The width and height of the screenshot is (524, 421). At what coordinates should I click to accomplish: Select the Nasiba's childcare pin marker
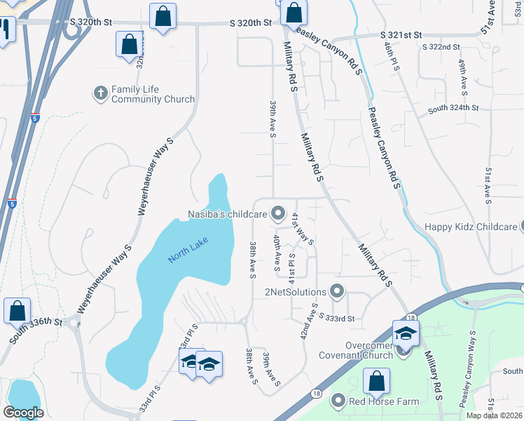[278, 213]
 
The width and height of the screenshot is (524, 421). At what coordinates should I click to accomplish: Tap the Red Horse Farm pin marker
[338, 401]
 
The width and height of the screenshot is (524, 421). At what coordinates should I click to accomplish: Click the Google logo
[23, 413]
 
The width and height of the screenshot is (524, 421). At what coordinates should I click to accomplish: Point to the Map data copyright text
[494, 415]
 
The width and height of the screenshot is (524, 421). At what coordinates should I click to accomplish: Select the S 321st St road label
[401, 34]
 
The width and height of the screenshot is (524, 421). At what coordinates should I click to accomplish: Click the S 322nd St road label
[441, 47]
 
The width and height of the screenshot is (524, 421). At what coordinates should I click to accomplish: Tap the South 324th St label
[453, 108]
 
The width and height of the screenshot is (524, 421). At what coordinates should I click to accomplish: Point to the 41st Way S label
[303, 228]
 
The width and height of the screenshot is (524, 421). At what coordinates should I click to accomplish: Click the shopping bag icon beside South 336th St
[17, 311]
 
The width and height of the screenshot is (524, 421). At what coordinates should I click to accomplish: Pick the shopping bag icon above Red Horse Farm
[376, 381]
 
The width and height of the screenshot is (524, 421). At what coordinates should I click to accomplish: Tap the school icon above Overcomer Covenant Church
[406, 333]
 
